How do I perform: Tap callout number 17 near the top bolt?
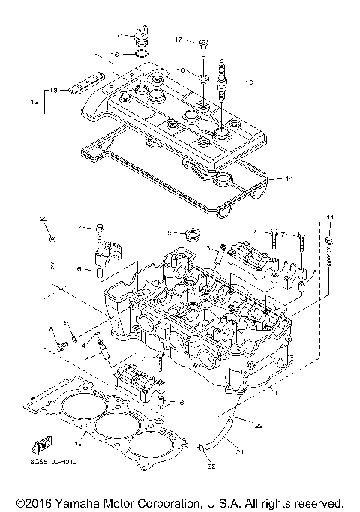click(179, 39)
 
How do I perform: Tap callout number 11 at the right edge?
click(328, 217)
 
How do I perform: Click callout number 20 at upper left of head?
click(43, 218)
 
